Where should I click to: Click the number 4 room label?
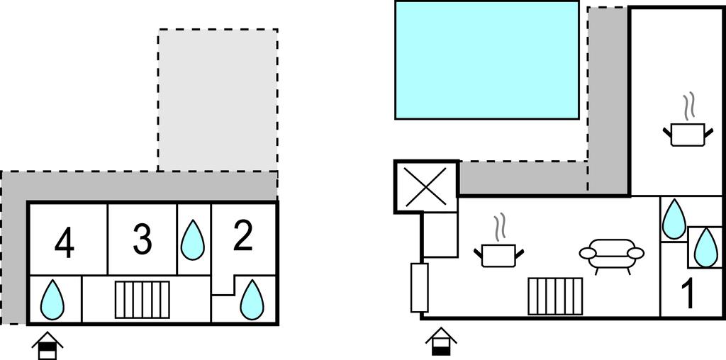click(65, 244)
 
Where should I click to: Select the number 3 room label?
click(143, 240)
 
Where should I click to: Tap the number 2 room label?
click(243, 237)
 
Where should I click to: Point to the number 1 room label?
click(687, 295)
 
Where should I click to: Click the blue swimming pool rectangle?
click(487, 60)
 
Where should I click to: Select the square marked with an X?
click(426, 186)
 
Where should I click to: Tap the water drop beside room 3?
click(193, 240)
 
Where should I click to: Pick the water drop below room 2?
click(252, 299)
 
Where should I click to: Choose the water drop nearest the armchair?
click(674, 219)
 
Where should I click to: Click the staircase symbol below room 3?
click(143, 300)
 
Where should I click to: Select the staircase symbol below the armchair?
click(555, 296)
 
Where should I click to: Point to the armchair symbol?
click(611, 254)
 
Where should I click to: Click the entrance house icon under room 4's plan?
click(48, 345)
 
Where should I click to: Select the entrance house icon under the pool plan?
click(441, 342)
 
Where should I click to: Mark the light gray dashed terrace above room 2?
click(218, 99)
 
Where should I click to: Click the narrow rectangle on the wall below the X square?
click(418, 287)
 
